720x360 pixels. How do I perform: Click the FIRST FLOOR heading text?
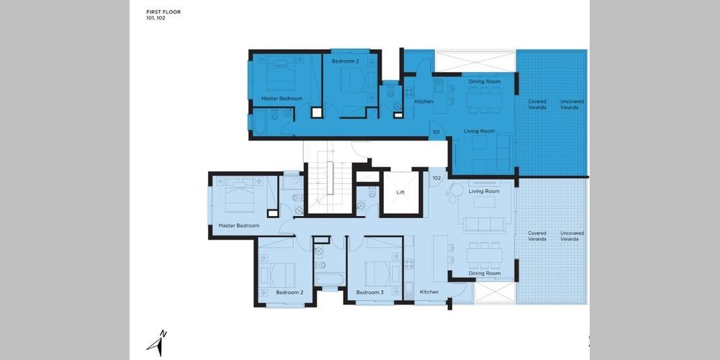[x=163, y=12]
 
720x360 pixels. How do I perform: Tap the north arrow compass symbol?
[x=156, y=343]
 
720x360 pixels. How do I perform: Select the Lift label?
[x=401, y=192]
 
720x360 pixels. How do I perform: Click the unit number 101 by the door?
[x=436, y=132]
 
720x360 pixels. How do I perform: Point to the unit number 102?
[x=436, y=178]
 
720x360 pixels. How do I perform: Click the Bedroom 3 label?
[x=369, y=292]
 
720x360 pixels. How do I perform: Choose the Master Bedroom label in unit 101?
[x=282, y=99]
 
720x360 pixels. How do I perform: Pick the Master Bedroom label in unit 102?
[x=239, y=225]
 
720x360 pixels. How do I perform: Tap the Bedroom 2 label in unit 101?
[x=346, y=60]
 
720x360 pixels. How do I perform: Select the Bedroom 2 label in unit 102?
[x=289, y=292]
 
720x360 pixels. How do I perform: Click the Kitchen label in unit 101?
[x=424, y=102]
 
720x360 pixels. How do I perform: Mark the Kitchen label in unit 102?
[x=429, y=292]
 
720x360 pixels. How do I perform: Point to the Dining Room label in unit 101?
[x=485, y=82]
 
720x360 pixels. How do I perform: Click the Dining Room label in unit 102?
[x=485, y=273]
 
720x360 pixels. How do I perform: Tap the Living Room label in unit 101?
[x=480, y=131]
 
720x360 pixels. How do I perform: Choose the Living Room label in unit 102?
[x=484, y=191]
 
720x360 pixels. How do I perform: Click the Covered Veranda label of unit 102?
[x=537, y=236]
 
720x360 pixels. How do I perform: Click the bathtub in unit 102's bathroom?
[x=330, y=279]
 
